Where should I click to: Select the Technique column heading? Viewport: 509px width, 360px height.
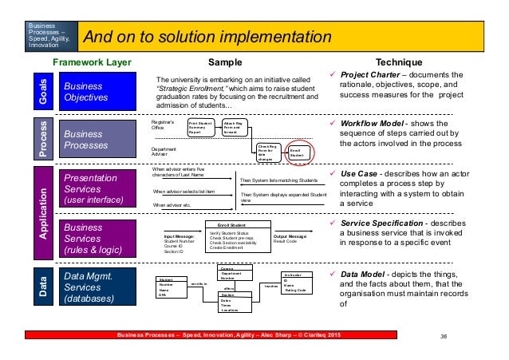tap(397, 61)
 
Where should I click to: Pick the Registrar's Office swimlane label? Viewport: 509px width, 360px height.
tap(163, 124)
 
